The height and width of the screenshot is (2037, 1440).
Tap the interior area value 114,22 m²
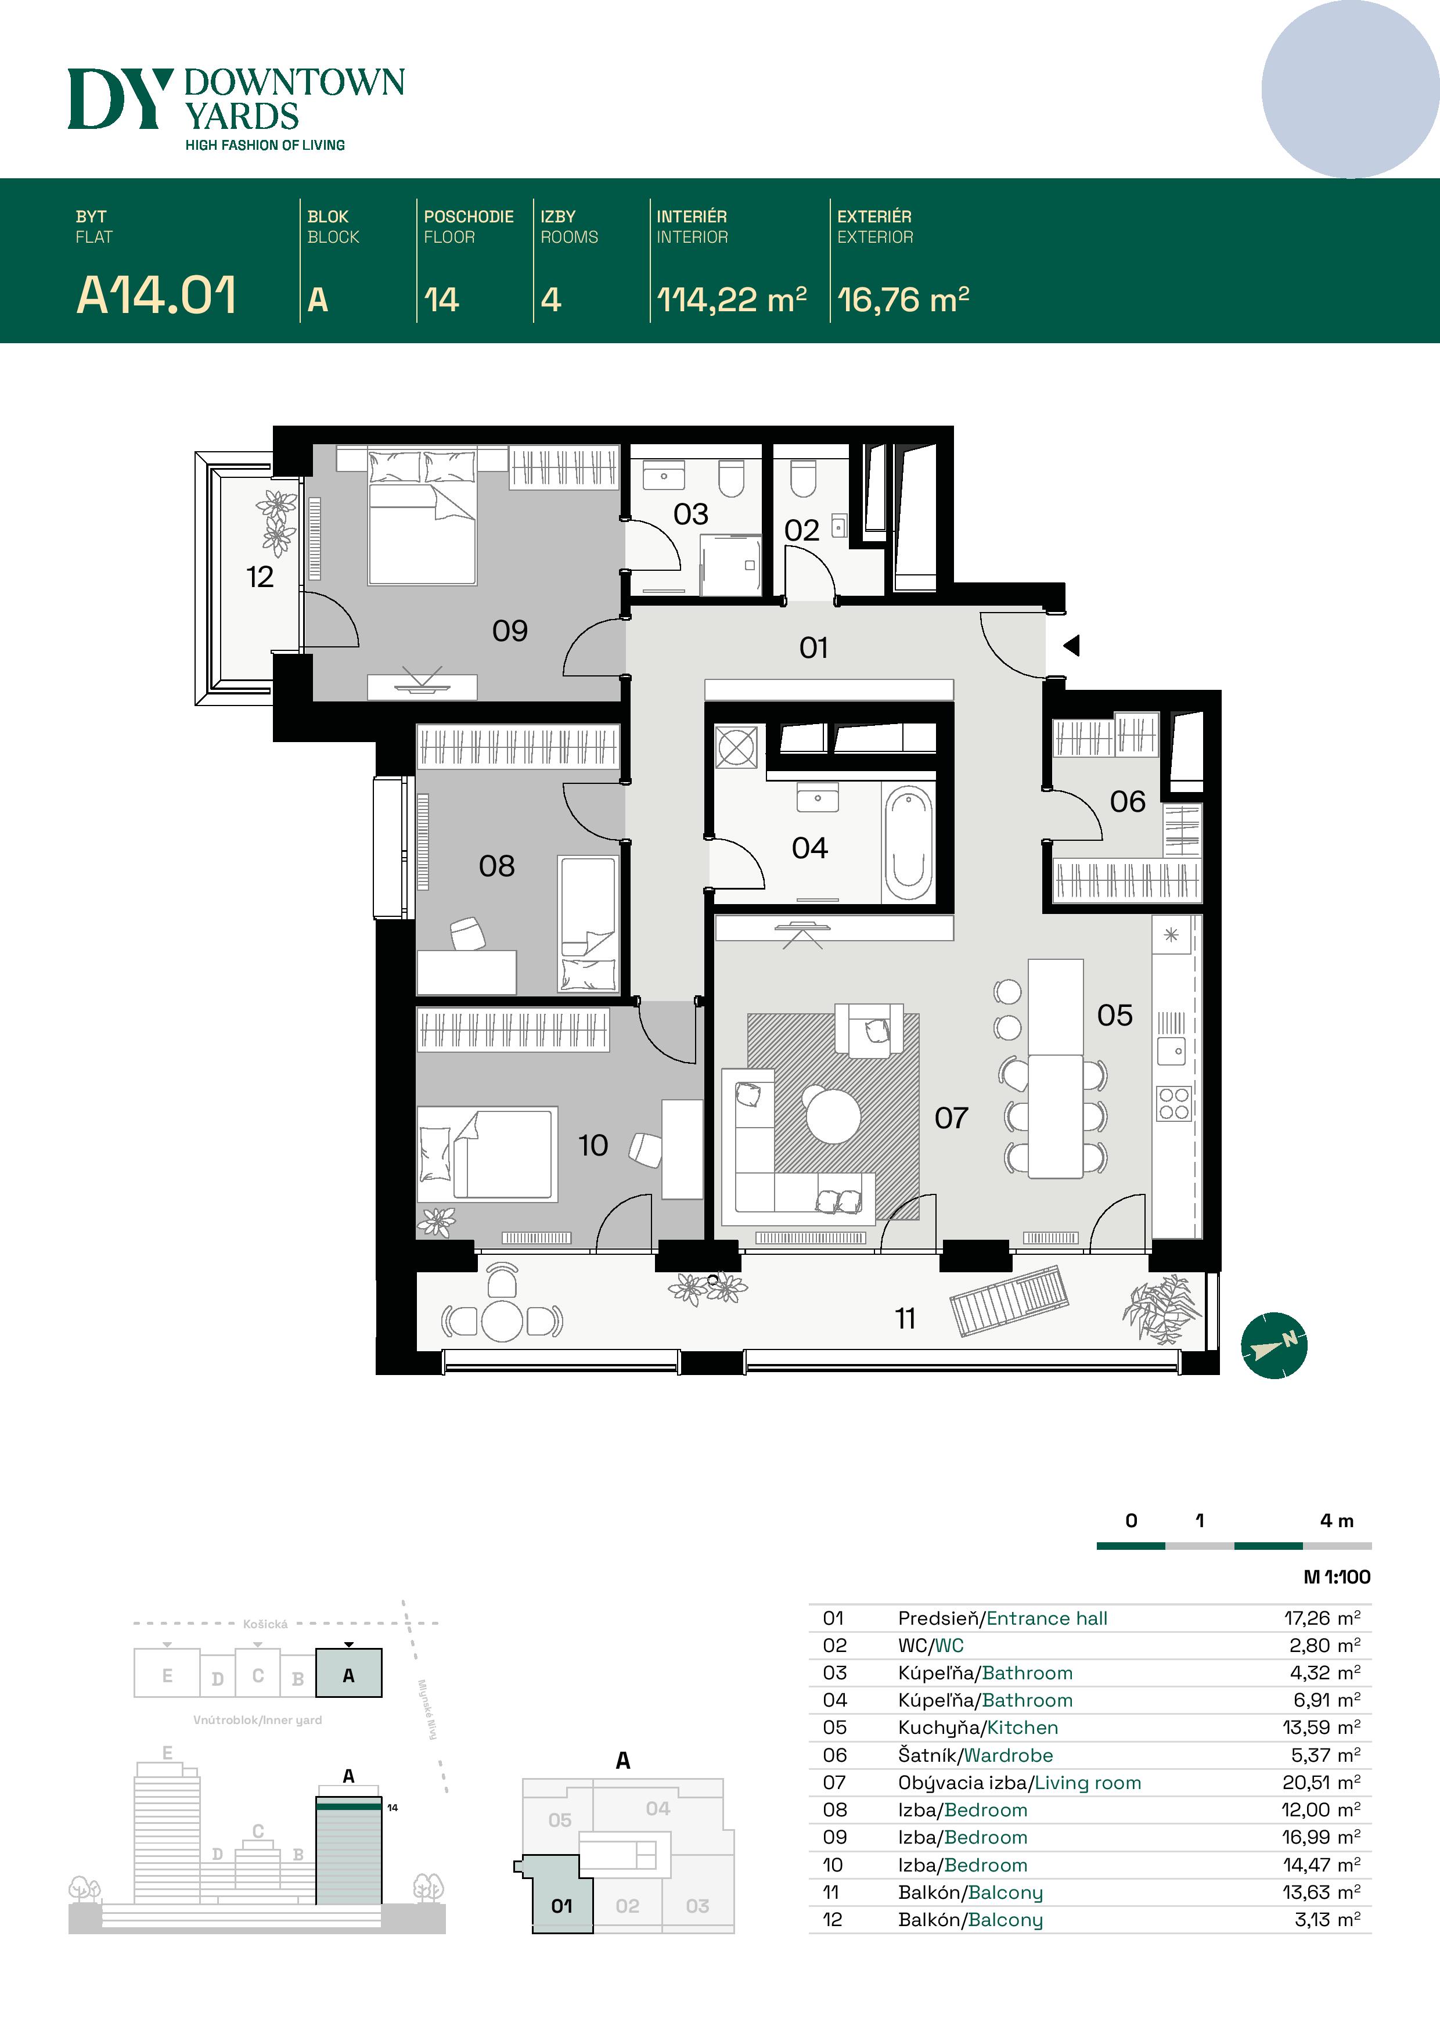coord(731,300)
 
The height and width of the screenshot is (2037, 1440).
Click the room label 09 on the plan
coord(510,631)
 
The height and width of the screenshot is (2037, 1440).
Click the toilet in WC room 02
coord(803,478)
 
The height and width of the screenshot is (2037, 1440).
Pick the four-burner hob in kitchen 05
coord(1174,1104)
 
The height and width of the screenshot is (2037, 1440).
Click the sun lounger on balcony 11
coord(1009,1301)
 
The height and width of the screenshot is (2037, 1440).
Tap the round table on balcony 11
coord(502,1321)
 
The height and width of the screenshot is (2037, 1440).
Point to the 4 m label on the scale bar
coord(1336,1521)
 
